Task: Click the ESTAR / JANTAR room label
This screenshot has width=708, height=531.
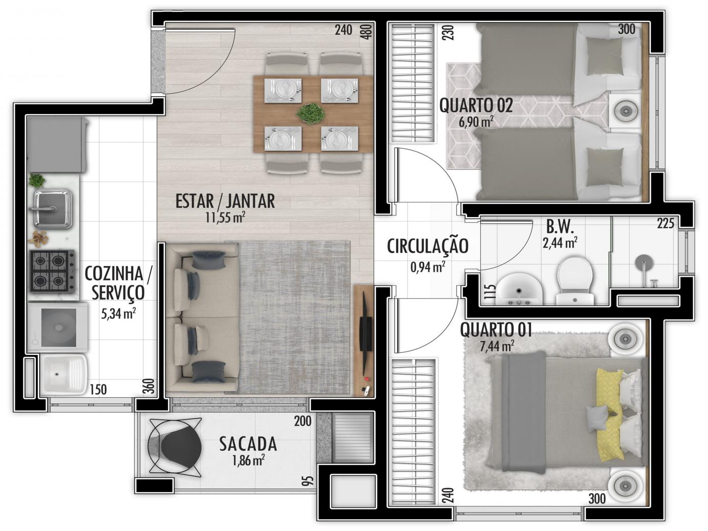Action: point(225,201)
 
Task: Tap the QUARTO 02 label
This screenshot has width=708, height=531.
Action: point(476,105)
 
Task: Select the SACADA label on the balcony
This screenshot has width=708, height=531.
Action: point(248,444)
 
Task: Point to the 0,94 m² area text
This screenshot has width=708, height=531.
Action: point(428,267)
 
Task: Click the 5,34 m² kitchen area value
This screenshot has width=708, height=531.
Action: point(118,313)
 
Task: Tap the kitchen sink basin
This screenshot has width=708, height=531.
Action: point(53,209)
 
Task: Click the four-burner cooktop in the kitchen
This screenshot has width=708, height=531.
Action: point(52,271)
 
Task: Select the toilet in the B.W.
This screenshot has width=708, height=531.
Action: point(575,280)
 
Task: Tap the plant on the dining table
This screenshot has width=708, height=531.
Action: point(311,113)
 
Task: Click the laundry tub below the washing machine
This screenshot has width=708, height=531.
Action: point(63,375)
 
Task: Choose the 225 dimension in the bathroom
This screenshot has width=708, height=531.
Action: point(666,223)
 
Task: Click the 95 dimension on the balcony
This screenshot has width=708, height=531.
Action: point(309,481)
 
